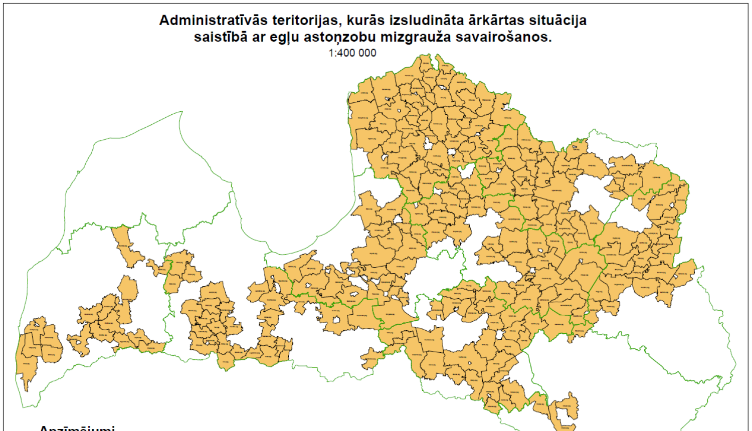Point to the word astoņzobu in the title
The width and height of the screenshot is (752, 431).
340,37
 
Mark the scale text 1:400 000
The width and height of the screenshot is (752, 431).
352,53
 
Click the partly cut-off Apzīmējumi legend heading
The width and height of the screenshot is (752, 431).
77,428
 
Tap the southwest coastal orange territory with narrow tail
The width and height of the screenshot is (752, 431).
27,361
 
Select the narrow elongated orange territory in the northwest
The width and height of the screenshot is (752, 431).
125,246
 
